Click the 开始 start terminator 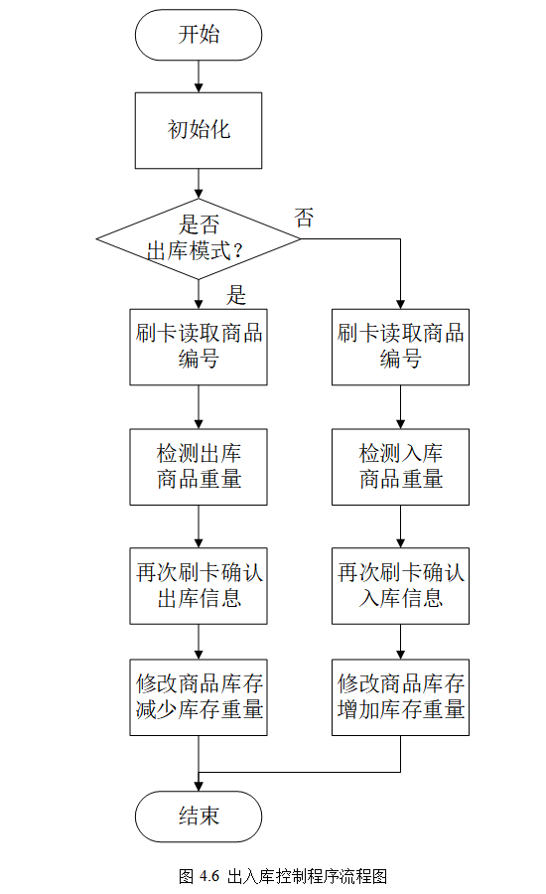point(199,36)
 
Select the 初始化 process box point(199,130)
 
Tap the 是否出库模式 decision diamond point(199,237)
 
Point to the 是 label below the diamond point(236,294)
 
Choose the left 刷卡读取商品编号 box point(199,347)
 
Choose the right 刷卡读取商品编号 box point(400,347)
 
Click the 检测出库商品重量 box point(199,467)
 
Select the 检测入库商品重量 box point(400,467)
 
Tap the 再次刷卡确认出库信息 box point(199,586)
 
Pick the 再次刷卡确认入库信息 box point(400,586)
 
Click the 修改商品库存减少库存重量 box point(199,696)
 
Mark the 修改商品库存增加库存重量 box point(400,696)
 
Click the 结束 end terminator point(199,817)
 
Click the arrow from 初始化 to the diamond point(199,183)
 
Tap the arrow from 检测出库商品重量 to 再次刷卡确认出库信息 point(199,526)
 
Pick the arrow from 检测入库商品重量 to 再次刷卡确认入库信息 point(400,526)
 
